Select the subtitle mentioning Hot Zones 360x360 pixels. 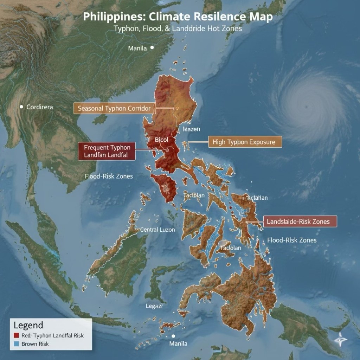178,28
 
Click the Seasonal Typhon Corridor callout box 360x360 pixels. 114,108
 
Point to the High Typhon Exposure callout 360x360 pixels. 245,142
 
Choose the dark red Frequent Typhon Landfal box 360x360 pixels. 107,151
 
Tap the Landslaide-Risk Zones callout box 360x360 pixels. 300,221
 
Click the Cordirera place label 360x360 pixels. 40,107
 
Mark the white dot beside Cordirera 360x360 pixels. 22,106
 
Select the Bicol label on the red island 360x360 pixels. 162,140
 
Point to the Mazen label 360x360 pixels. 192,129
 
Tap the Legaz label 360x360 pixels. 154,306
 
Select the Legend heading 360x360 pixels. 28,325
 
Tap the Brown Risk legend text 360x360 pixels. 35,344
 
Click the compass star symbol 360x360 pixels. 340,339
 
